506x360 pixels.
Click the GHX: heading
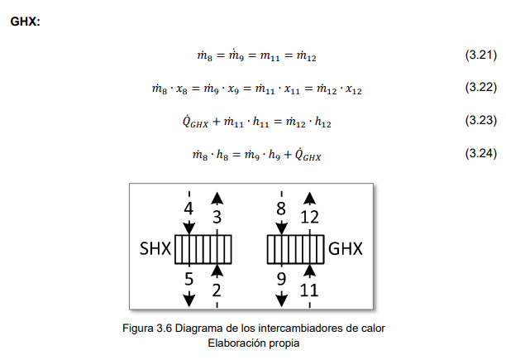24,21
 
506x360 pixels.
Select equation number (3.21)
480,55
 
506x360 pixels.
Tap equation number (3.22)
480,87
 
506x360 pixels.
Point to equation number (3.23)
480,120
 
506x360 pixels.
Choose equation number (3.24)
480,153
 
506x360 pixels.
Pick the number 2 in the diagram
217,289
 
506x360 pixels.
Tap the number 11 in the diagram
310,289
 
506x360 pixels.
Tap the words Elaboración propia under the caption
252,341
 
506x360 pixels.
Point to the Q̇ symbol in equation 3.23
189,121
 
